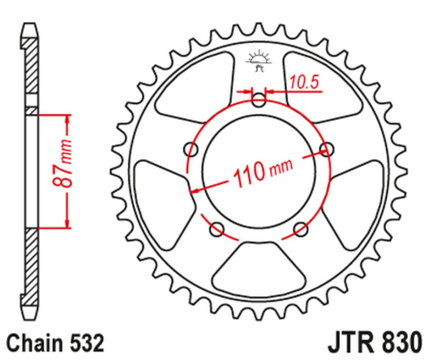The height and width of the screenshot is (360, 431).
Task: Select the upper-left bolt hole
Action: pyautogui.click(x=194, y=150)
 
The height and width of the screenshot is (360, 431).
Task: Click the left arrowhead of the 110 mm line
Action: pyautogui.click(x=196, y=190)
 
